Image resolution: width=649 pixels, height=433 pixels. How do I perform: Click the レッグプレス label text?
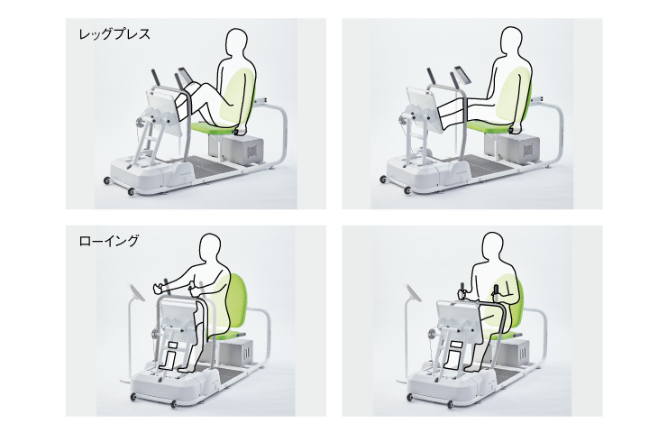click(x=114, y=34)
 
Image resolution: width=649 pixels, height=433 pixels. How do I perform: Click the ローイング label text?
click(x=109, y=241)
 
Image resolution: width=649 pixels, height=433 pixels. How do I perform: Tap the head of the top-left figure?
click(x=237, y=42)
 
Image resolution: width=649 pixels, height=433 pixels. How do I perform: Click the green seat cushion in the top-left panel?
click(x=212, y=128)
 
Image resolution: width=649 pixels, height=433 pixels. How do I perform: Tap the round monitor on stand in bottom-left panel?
click(x=136, y=292)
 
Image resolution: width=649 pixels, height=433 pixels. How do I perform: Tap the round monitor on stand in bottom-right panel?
click(x=414, y=292)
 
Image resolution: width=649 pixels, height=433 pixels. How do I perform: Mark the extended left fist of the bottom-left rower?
click(x=157, y=288)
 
